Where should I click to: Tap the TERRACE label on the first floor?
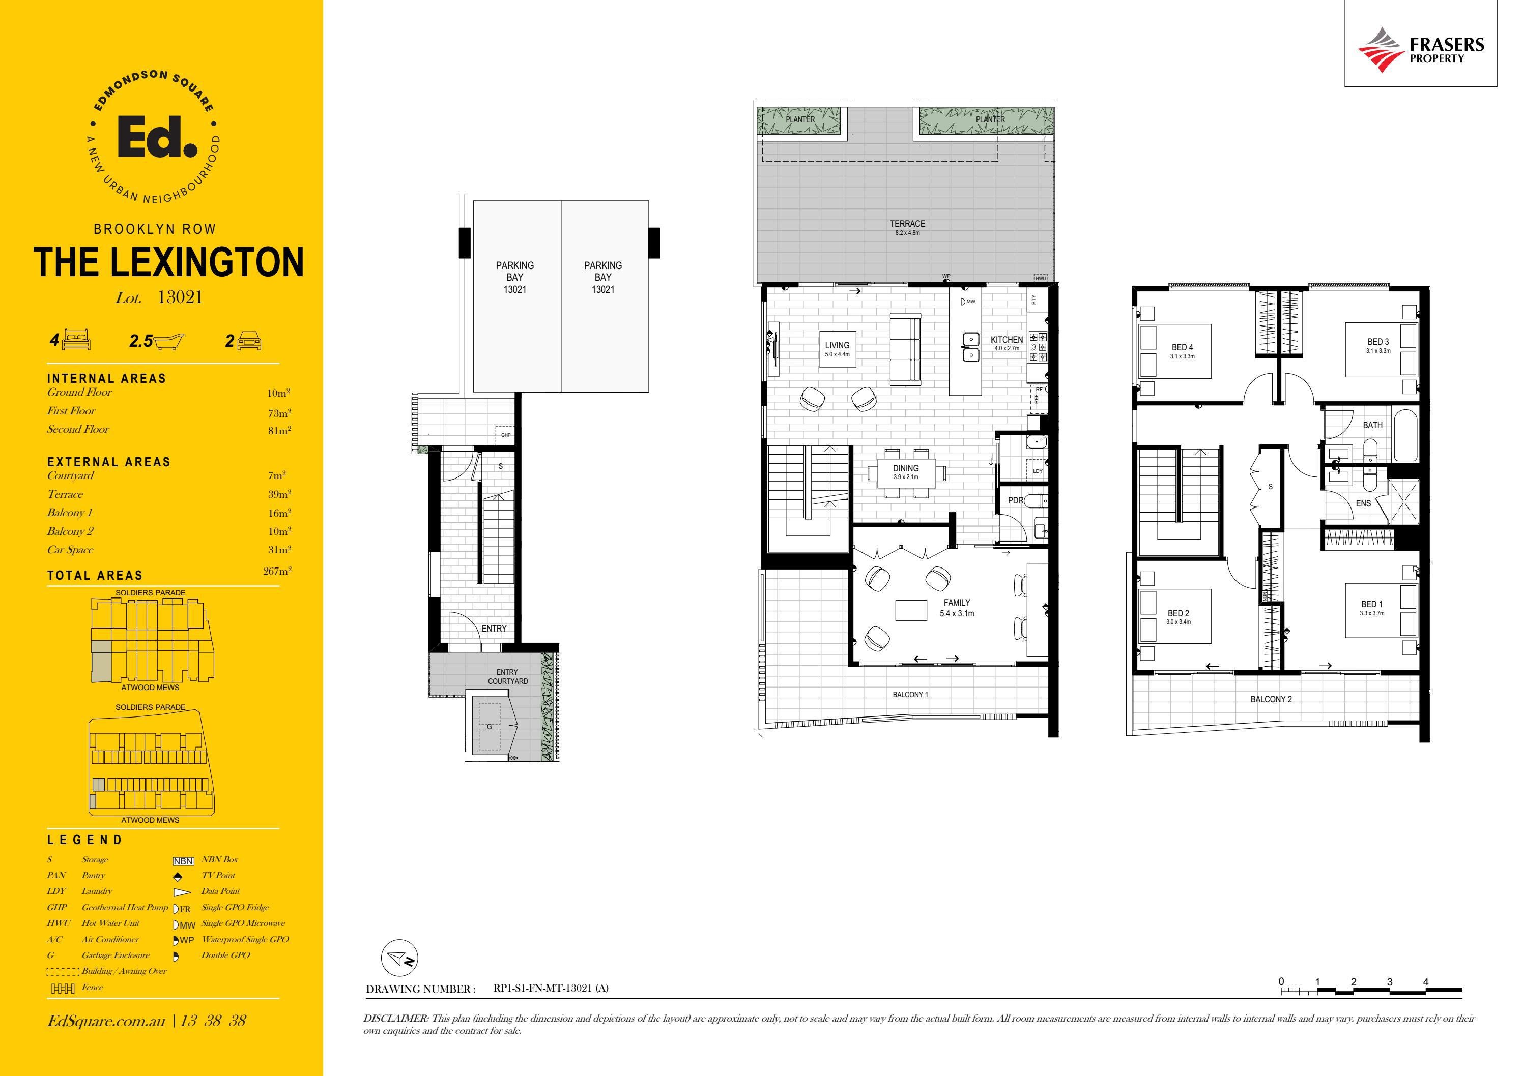[x=907, y=224]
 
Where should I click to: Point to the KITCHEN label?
[x=1007, y=340]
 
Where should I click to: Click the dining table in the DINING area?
[x=906, y=472]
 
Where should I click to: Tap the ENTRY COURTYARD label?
[x=507, y=676]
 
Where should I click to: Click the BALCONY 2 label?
[x=1271, y=699]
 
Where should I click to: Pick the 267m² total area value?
[x=277, y=571]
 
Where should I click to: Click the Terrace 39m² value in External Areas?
[x=279, y=494]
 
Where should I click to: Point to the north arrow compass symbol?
[x=398, y=959]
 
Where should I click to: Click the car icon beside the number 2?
[x=249, y=341]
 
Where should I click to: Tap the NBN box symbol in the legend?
[x=183, y=861]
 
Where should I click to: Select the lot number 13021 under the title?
[x=180, y=297]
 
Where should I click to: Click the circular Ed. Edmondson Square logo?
[x=155, y=138]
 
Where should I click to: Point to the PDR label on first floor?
[x=1016, y=500]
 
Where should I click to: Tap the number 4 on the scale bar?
[x=1425, y=982]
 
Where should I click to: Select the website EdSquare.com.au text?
[x=106, y=1020]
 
